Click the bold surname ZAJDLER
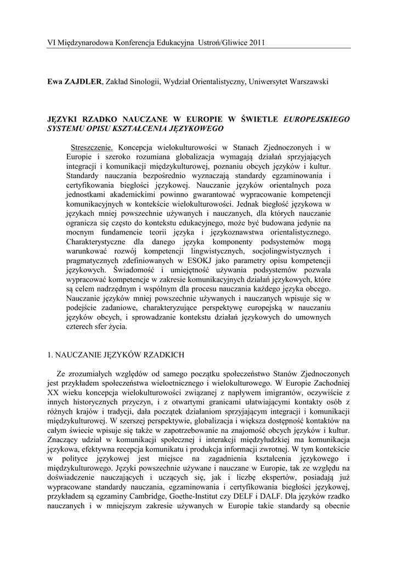83,82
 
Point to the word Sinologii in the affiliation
144,82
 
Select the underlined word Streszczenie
92,147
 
